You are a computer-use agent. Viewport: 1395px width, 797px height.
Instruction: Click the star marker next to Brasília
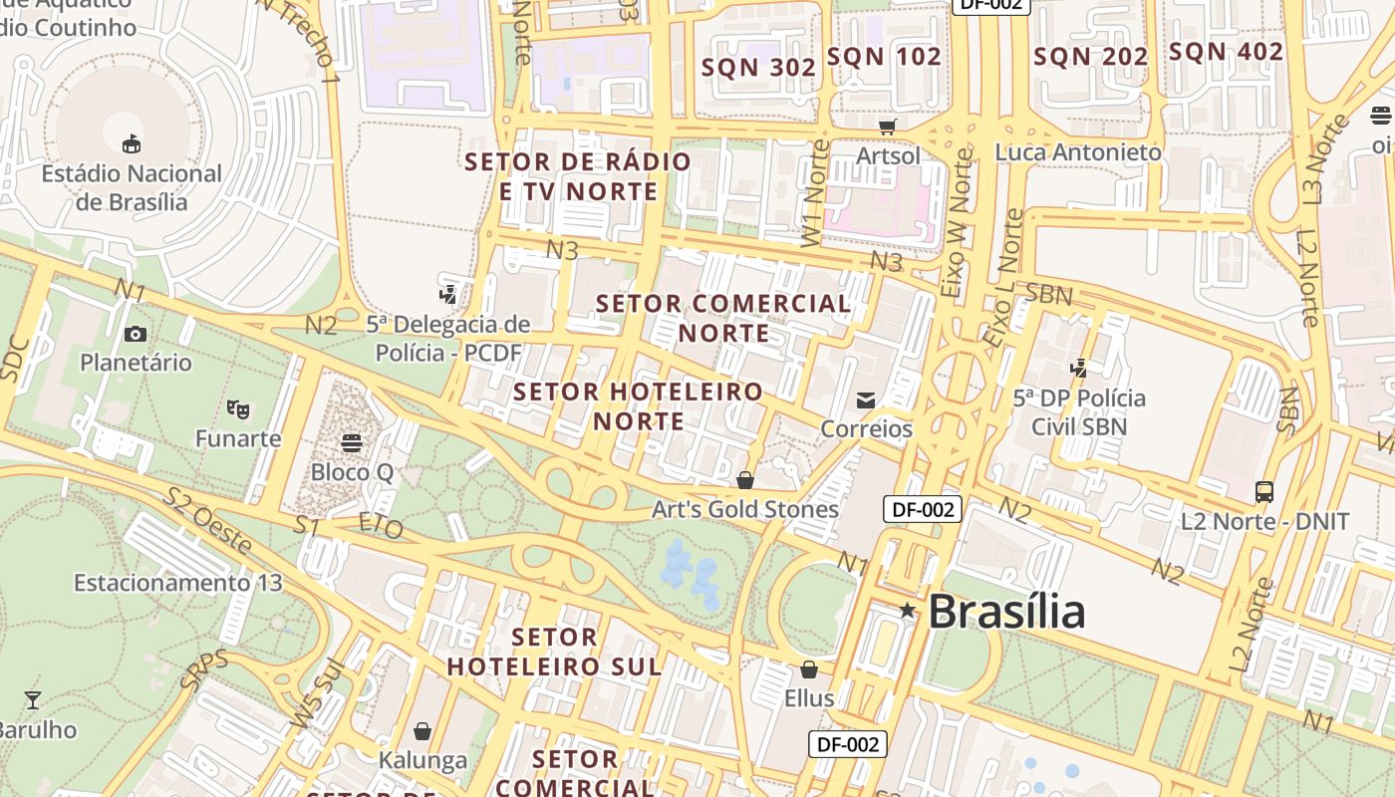coord(907,610)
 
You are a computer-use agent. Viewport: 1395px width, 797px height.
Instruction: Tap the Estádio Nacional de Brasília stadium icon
coord(132,143)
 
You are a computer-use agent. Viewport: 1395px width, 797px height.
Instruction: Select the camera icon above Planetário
coord(136,334)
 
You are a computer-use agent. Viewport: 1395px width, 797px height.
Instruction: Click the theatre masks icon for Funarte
coord(238,408)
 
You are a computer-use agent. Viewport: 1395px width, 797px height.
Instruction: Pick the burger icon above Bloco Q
coord(351,441)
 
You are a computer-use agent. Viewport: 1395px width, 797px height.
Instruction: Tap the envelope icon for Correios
coord(866,399)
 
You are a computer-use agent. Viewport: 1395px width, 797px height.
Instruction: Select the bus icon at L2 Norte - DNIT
coord(1264,491)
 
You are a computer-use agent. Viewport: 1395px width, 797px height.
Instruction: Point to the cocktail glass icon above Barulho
coord(33,699)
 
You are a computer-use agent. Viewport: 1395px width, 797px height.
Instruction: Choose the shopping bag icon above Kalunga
coord(422,731)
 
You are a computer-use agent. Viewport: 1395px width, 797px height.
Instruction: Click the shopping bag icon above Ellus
coord(809,668)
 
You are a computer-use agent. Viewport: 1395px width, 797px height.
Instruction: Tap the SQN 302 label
coord(759,68)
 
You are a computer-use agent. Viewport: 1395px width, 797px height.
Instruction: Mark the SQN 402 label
coord(1226,52)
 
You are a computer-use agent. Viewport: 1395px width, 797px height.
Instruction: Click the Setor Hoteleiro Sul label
coord(554,652)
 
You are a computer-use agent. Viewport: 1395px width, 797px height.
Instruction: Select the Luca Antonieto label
coord(1078,152)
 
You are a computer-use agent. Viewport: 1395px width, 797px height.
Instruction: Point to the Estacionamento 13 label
coord(178,582)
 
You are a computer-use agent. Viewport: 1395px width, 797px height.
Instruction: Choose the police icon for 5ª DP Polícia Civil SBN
coord(1078,369)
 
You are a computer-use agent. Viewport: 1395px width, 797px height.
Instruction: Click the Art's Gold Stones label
coord(745,509)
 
